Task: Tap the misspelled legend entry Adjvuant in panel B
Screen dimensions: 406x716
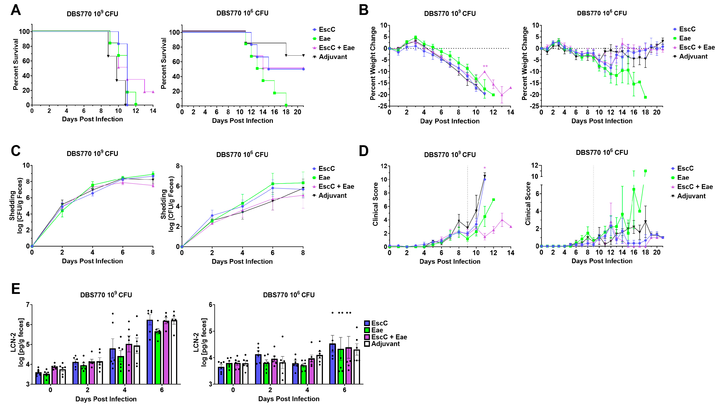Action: tap(693, 57)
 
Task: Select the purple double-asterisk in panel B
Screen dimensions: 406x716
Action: tap(485, 67)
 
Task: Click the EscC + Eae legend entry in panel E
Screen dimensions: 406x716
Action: tap(389, 337)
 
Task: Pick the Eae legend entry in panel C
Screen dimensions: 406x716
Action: tap(324, 178)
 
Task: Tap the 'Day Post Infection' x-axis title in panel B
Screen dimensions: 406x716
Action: tap(450, 121)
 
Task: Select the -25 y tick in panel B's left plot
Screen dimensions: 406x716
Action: tap(382, 106)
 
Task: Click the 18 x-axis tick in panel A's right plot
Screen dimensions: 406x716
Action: tap(286, 112)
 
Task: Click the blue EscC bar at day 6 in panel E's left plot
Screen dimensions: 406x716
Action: tap(150, 352)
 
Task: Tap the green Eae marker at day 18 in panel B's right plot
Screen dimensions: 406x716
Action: tap(645, 97)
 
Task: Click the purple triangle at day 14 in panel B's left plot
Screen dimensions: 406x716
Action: tap(510, 88)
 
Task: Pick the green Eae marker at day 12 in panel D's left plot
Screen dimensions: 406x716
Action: tap(493, 200)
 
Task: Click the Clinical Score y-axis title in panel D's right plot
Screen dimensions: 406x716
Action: tap(528, 203)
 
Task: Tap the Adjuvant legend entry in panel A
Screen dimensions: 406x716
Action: tap(333, 57)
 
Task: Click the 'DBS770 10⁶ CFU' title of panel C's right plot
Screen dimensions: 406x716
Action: tap(242, 154)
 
